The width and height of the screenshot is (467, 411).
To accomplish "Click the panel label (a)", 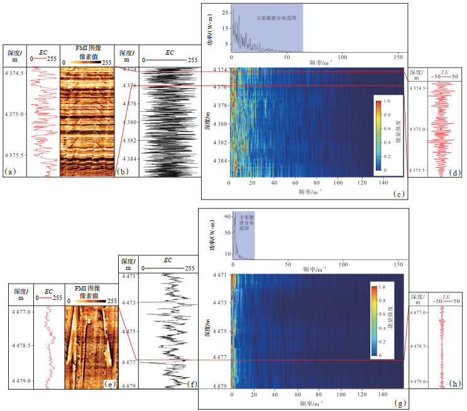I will click(x=9, y=170).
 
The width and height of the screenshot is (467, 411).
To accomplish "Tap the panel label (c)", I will click(x=398, y=194).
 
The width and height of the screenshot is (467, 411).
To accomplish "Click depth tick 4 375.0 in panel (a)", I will click(x=15, y=114).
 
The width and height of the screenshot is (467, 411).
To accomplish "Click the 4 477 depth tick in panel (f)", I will click(x=128, y=363).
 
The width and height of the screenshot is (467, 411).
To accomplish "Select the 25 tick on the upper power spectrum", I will click(x=224, y=13).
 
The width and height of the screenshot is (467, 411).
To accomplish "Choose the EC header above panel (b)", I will click(x=170, y=53).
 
